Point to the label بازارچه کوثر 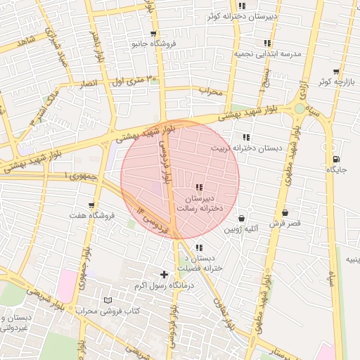pyautogui.click(x=333, y=82)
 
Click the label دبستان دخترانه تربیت pyautogui.click(x=245, y=148)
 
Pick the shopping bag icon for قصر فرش pyautogui.click(x=285, y=212)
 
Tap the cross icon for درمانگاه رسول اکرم pyautogui.click(x=164, y=274)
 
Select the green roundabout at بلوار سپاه pyautogui.click(x=300, y=108)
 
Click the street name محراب pyautogui.click(x=210, y=91)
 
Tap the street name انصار pyautogui.click(x=89, y=84)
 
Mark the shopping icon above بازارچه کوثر pyautogui.click(x=336, y=72)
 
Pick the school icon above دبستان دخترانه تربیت pyautogui.click(x=245, y=137)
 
